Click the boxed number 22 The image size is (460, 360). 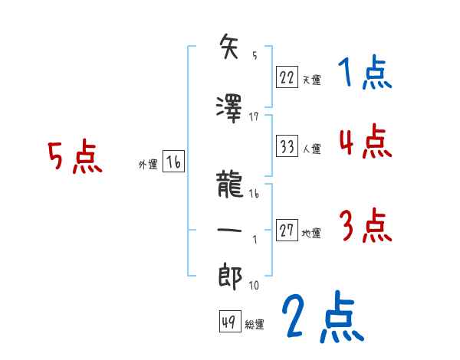[287, 76]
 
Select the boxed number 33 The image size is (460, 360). [287, 146]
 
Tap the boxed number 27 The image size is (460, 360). [287, 231]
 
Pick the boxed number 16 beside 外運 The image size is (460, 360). [174, 162]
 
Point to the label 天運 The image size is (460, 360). [311, 79]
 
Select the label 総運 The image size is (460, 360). [255, 325]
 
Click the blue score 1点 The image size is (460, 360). [365, 74]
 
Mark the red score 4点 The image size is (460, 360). [365, 142]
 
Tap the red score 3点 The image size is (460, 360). [365, 227]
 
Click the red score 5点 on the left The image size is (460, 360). [74, 159]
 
